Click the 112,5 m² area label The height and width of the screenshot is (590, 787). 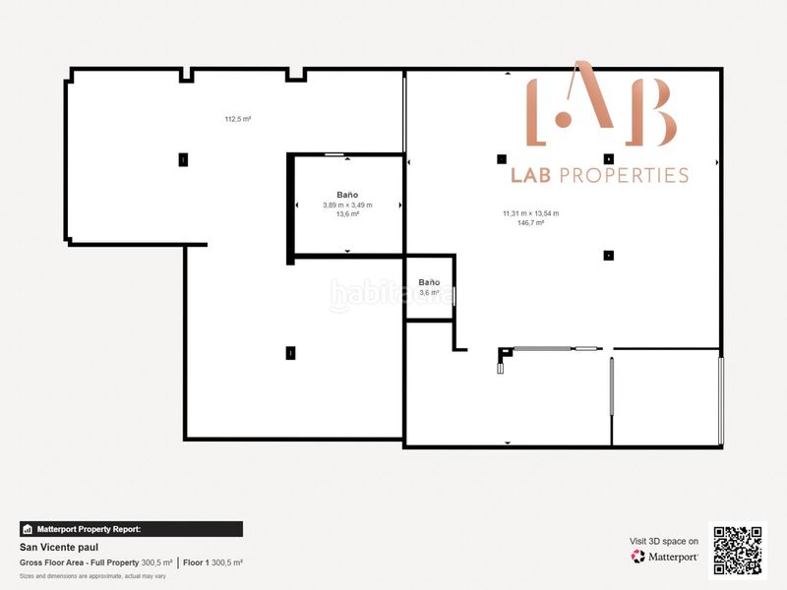pyautogui.click(x=237, y=119)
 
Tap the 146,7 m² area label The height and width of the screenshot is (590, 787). pyautogui.click(x=530, y=223)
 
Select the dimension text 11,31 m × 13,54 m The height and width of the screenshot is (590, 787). pyautogui.click(x=530, y=213)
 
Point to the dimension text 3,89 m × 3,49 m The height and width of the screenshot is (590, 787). pyautogui.click(x=347, y=205)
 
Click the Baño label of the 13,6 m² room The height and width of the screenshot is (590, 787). pyautogui.click(x=347, y=195)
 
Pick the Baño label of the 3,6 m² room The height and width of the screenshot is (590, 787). pyautogui.click(x=429, y=282)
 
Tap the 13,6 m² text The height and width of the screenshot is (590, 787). pyautogui.click(x=347, y=213)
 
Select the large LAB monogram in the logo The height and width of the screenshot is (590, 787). pyautogui.click(x=601, y=106)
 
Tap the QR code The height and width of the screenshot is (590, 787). pyautogui.click(x=738, y=550)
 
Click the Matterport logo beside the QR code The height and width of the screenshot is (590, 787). pyautogui.click(x=665, y=557)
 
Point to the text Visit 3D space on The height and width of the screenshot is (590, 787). pyautogui.click(x=664, y=541)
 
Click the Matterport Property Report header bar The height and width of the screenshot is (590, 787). pyautogui.click(x=131, y=529)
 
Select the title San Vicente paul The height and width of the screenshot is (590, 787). pyautogui.click(x=59, y=547)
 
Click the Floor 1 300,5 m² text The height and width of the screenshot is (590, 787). pyautogui.click(x=212, y=562)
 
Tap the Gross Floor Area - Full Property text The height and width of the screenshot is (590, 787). pyautogui.click(x=80, y=562)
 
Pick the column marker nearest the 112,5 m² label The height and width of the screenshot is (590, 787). pyautogui.click(x=182, y=158)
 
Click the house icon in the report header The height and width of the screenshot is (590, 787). pyautogui.click(x=28, y=529)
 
